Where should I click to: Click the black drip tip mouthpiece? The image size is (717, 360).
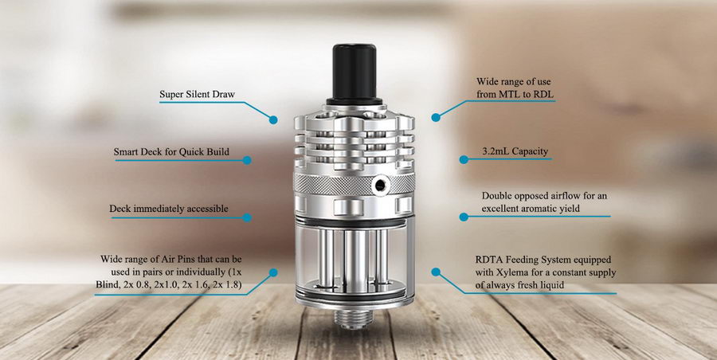354,75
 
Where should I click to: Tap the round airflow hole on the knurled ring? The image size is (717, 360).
380,185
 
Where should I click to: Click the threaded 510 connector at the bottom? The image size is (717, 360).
355,317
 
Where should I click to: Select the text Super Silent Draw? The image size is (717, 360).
197,95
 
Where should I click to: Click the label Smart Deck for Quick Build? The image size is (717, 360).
171,151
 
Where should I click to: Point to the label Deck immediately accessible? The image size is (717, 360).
169,209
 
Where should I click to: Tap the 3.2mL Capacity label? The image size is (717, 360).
515,151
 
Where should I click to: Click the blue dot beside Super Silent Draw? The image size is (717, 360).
273,119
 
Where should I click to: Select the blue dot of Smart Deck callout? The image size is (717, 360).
247,160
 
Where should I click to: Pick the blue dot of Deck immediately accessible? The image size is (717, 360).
247,217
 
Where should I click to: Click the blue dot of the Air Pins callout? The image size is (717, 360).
273,272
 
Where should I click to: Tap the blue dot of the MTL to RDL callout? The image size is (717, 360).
436,118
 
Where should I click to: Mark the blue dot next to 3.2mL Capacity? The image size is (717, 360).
464,159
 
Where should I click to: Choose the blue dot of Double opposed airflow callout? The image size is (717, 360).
464,217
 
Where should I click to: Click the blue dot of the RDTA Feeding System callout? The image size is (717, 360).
436,272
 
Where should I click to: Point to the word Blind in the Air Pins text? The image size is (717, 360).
106,285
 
